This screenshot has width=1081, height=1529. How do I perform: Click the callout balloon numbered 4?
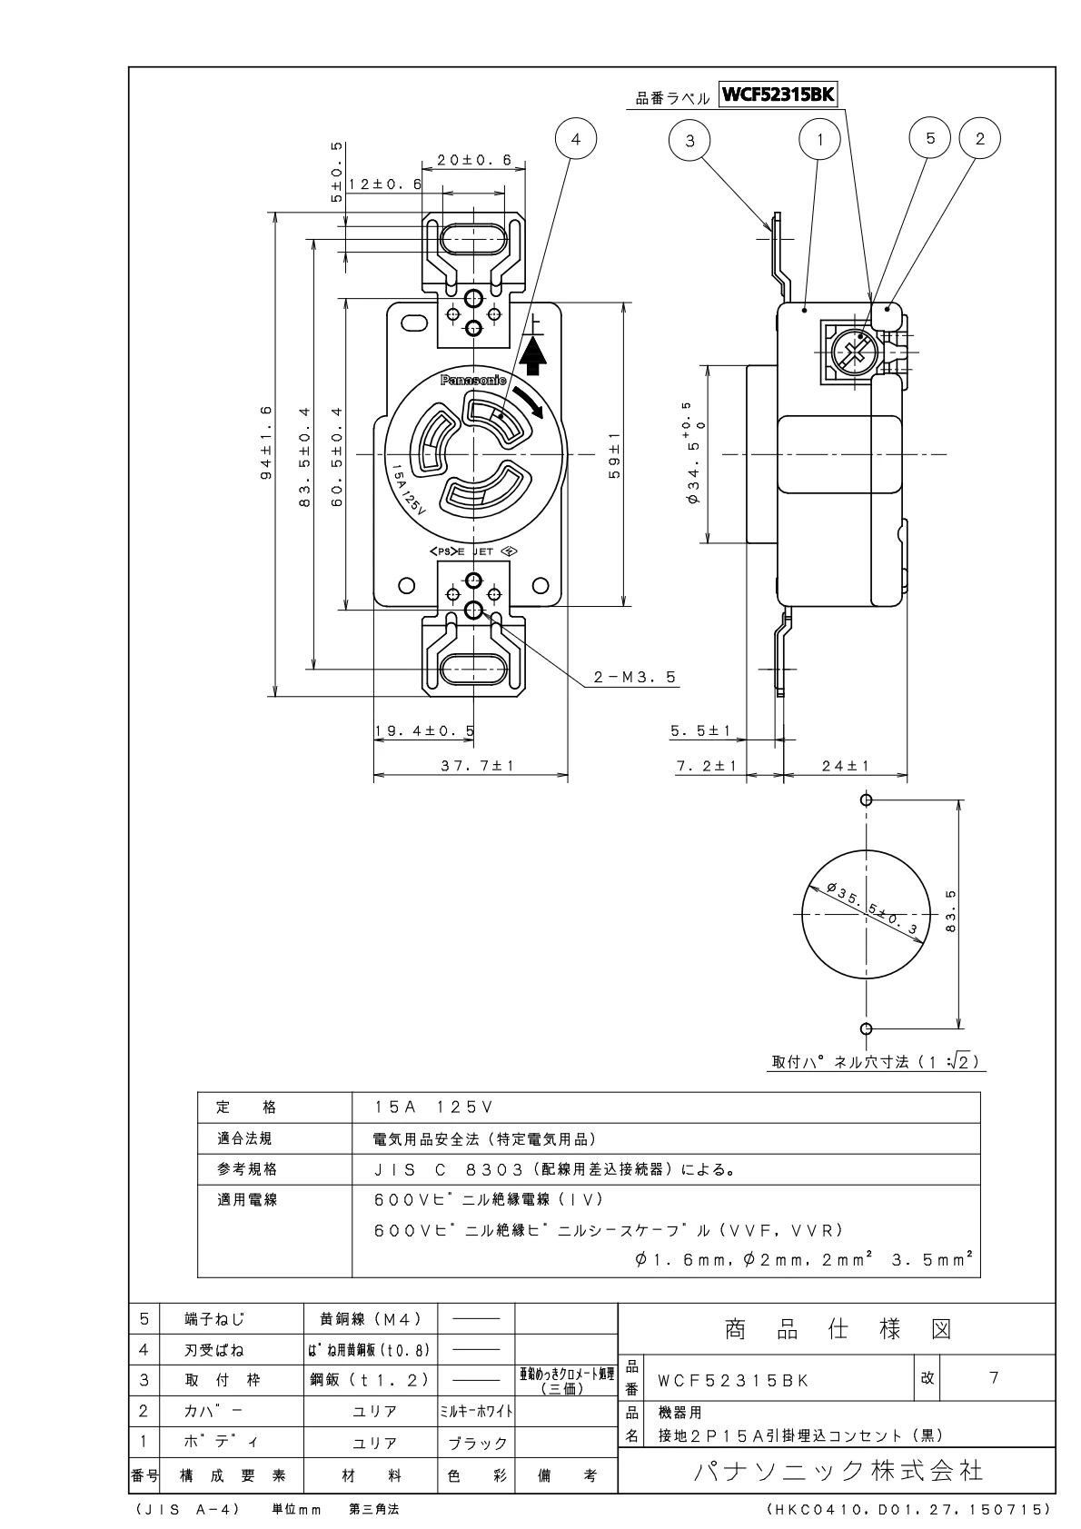[574, 140]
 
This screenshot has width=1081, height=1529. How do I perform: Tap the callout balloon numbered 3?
[690, 140]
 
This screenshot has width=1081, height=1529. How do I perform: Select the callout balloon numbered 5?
[929, 138]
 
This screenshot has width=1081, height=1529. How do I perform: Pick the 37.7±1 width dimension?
[478, 766]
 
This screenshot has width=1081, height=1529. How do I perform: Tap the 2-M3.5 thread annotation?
[636, 677]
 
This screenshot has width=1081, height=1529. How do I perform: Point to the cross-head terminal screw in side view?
[852, 351]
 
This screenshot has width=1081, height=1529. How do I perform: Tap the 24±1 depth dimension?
[845, 766]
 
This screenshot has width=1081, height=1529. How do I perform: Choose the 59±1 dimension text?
[615, 453]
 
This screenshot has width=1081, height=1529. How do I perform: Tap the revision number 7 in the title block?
[994, 1378]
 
